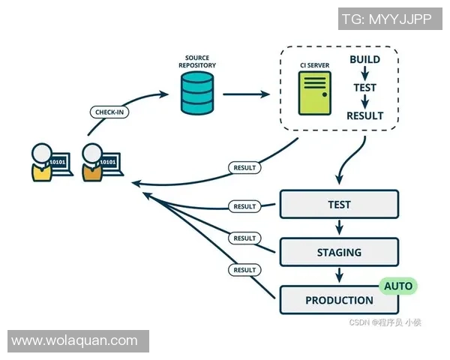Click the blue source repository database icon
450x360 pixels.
[x=197, y=94]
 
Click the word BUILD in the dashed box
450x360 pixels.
[x=364, y=59]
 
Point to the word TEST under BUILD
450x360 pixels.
[x=364, y=87]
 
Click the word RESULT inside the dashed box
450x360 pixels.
[x=364, y=115]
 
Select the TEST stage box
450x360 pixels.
[x=339, y=204]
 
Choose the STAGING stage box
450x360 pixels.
[x=339, y=252]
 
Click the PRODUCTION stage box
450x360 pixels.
[x=339, y=300]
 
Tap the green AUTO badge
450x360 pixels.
[x=399, y=286]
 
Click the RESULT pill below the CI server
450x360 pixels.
[x=244, y=167]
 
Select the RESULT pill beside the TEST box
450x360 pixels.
[x=244, y=206]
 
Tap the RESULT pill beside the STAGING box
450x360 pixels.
[x=244, y=238]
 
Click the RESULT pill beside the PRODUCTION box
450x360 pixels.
[x=244, y=268]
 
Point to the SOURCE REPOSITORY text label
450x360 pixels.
[x=197, y=61]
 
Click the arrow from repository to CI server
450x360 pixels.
[x=246, y=94]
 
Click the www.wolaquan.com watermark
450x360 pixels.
[x=74, y=341]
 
